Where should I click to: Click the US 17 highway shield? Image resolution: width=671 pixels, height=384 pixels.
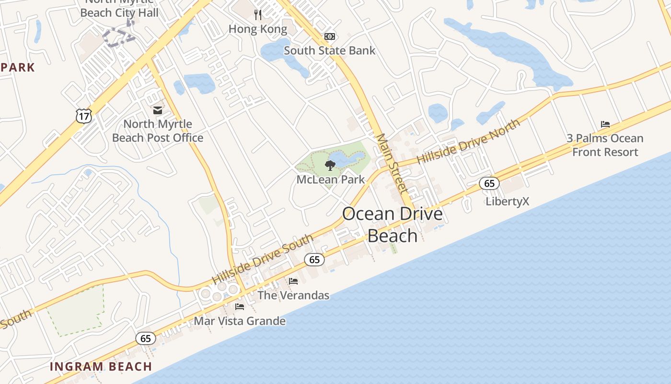coord(83,115)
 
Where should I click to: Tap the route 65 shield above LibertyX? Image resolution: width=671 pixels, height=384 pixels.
coord(489,183)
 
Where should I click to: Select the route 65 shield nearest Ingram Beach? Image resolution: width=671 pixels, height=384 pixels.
coord(146,338)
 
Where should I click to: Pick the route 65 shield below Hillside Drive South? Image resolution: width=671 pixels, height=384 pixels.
coord(314,260)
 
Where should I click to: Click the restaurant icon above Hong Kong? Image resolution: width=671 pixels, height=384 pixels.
coord(258,15)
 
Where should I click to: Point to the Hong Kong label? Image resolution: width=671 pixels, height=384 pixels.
coord(258,29)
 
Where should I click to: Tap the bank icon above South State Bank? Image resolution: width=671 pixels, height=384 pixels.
coord(330,36)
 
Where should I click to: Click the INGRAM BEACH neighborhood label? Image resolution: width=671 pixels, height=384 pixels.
coord(101,367)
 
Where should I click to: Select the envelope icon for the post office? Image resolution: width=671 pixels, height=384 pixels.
coord(158,110)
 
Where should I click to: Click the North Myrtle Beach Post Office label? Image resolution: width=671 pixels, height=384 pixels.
coord(158,131)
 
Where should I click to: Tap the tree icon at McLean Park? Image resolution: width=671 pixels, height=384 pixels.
coord(330,166)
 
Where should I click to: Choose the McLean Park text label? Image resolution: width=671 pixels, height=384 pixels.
coord(331,180)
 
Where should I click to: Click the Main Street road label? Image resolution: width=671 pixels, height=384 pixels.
coord(391,163)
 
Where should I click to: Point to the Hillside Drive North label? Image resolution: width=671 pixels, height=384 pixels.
coord(468,142)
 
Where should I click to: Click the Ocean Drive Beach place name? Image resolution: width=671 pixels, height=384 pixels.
coord(393,225)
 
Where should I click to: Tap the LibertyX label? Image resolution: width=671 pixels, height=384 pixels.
coord(507,201)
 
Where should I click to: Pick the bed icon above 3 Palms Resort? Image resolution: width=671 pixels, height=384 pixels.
coord(605,124)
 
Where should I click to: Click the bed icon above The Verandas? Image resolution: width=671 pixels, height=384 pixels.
coord(293,281)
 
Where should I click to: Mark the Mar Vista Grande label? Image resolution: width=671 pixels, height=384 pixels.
coord(240,321)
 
